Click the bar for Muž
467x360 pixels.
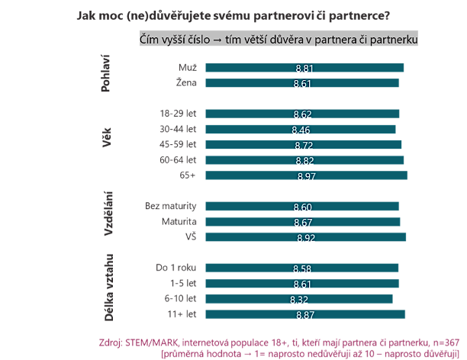coord(252,68)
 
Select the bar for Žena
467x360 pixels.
coord(252,83)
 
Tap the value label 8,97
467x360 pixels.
coord(308,177)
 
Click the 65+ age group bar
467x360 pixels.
coord(252,176)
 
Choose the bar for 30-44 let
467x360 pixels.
coord(252,130)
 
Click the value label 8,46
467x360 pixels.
coord(303,130)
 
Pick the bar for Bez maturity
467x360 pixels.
coord(252,207)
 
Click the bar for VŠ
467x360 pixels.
coord(252,237)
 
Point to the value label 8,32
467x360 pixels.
coord(299,299)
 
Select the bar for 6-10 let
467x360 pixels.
coord(252,299)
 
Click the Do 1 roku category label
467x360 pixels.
coord(176,267)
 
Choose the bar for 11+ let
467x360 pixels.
coord(252,314)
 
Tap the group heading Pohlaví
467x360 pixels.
coord(108,74)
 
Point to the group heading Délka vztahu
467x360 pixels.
coord(108,289)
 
